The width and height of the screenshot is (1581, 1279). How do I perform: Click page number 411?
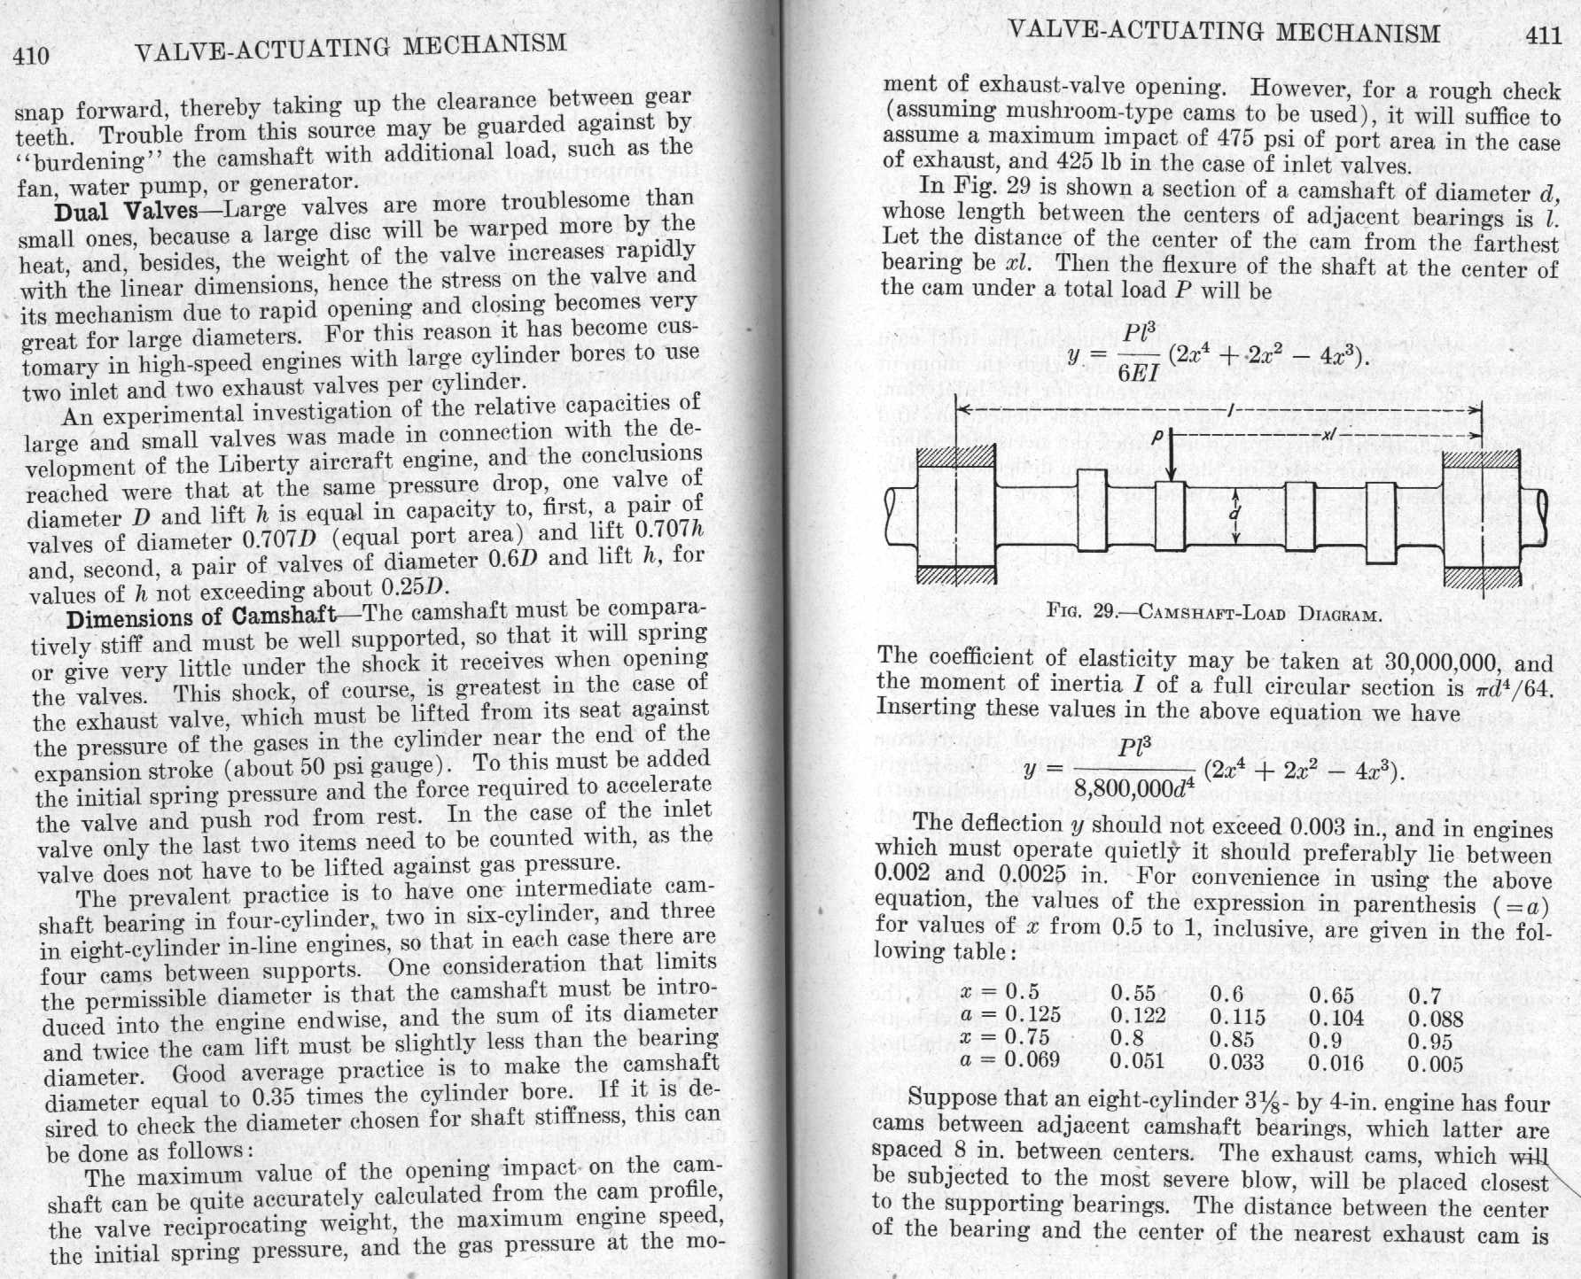[x=1543, y=35]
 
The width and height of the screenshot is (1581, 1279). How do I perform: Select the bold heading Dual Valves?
[x=125, y=211]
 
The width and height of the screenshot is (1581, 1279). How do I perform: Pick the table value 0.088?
[x=1436, y=1019]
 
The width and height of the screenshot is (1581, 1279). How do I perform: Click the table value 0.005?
[x=1436, y=1064]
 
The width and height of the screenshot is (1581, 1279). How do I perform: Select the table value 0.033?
[x=1237, y=1061]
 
